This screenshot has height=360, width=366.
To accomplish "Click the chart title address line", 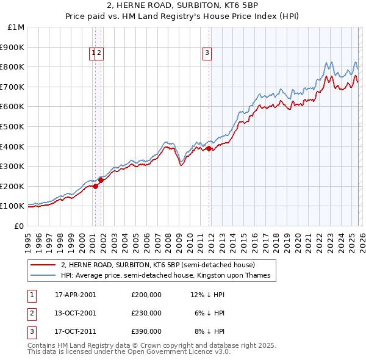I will click(x=182, y=6).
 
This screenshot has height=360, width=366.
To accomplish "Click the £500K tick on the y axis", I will click(x=13, y=126).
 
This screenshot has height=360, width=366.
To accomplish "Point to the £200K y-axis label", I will click(x=13, y=186).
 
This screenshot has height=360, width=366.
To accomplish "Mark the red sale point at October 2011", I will click(x=209, y=148).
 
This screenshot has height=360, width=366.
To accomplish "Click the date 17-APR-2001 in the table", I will click(x=76, y=295).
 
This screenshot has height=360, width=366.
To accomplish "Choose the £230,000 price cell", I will click(x=146, y=313).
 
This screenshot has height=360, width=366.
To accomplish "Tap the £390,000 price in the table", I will click(x=146, y=332).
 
